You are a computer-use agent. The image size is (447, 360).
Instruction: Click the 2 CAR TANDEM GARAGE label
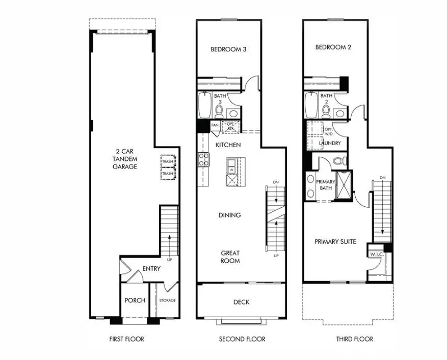click(124, 159)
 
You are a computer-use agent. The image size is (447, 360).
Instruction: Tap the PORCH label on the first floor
click(135, 300)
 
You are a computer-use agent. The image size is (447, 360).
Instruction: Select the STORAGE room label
click(167, 300)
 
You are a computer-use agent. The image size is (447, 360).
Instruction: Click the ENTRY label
click(151, 269)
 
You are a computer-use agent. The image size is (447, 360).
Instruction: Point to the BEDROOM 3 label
click(228, 49)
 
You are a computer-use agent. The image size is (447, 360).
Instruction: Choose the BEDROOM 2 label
click(333, 47)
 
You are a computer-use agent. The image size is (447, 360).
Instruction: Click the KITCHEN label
click(228, 146)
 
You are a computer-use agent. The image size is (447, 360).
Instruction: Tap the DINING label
click(229, 215)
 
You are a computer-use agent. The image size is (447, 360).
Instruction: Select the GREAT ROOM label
click(230, 257)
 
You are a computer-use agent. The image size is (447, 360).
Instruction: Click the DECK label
click(241, 302)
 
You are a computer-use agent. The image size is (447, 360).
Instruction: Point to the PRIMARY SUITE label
click(335, 241)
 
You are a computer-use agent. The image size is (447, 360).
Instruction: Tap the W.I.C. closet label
click(377, 254)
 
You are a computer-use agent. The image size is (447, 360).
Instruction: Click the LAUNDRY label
click(330, 143)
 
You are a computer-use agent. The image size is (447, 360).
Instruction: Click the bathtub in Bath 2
click(311, 104)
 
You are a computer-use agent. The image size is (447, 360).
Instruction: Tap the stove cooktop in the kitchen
click(203, 159)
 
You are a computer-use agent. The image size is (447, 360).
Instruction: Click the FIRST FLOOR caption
click(127, 339)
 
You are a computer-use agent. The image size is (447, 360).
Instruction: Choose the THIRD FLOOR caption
click(354, 339)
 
